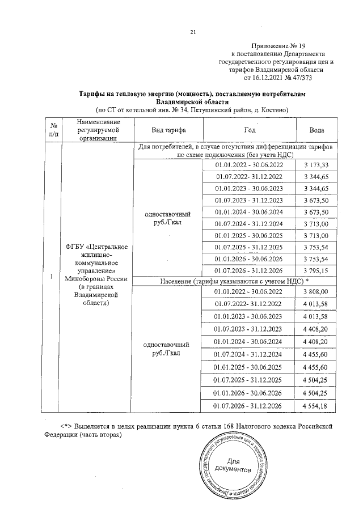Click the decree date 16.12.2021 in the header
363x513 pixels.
pos(264,77)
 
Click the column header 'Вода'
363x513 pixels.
pos(316,130)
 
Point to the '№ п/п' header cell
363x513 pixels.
pos(52,130)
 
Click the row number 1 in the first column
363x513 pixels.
pos(52,276)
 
